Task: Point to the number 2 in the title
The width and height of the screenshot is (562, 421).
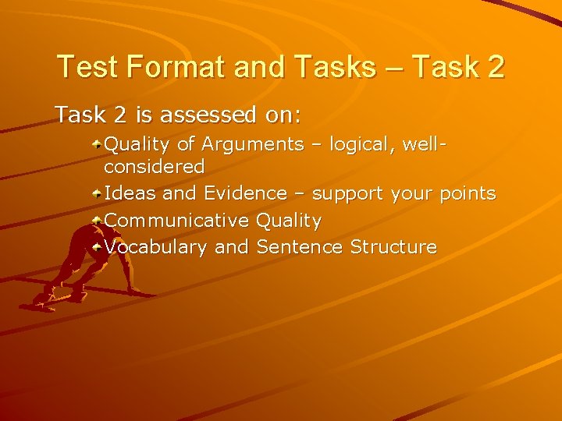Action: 495,67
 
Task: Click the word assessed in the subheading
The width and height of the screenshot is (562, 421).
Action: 207,115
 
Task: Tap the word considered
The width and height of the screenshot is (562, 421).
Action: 155,167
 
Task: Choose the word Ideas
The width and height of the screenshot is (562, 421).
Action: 130,193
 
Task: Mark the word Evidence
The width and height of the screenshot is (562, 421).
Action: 245,193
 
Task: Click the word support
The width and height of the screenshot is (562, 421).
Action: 347,194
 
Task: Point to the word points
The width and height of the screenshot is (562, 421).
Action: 468,194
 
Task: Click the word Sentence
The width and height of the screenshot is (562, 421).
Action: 300,247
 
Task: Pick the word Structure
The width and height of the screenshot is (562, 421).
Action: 393,247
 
